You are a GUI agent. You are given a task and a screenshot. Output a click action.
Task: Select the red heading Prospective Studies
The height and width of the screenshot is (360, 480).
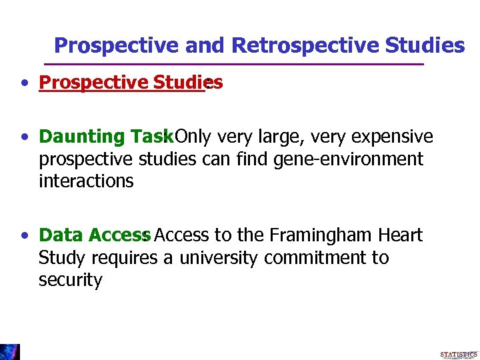[130, 82]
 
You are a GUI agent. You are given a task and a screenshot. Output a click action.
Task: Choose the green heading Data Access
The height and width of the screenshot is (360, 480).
[95, 235]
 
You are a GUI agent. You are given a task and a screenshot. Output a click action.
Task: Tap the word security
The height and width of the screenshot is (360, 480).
[71, 280]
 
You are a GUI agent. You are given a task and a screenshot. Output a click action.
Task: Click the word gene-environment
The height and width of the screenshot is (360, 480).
[348, 159]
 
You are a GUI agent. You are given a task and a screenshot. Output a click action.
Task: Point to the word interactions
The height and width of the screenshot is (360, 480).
[86, 181]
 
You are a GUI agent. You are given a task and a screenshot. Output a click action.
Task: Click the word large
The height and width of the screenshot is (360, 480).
[263, 137]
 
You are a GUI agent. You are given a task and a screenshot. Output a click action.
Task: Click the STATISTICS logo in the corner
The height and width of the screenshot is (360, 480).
[459, 354]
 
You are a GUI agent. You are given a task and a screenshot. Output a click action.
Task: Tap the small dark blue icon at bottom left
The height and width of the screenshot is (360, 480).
[10, 352]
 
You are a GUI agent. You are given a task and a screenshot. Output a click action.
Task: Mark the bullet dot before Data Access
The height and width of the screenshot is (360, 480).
[25, 236]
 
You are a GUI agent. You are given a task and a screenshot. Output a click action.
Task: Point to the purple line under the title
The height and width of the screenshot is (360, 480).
[233, 64]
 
